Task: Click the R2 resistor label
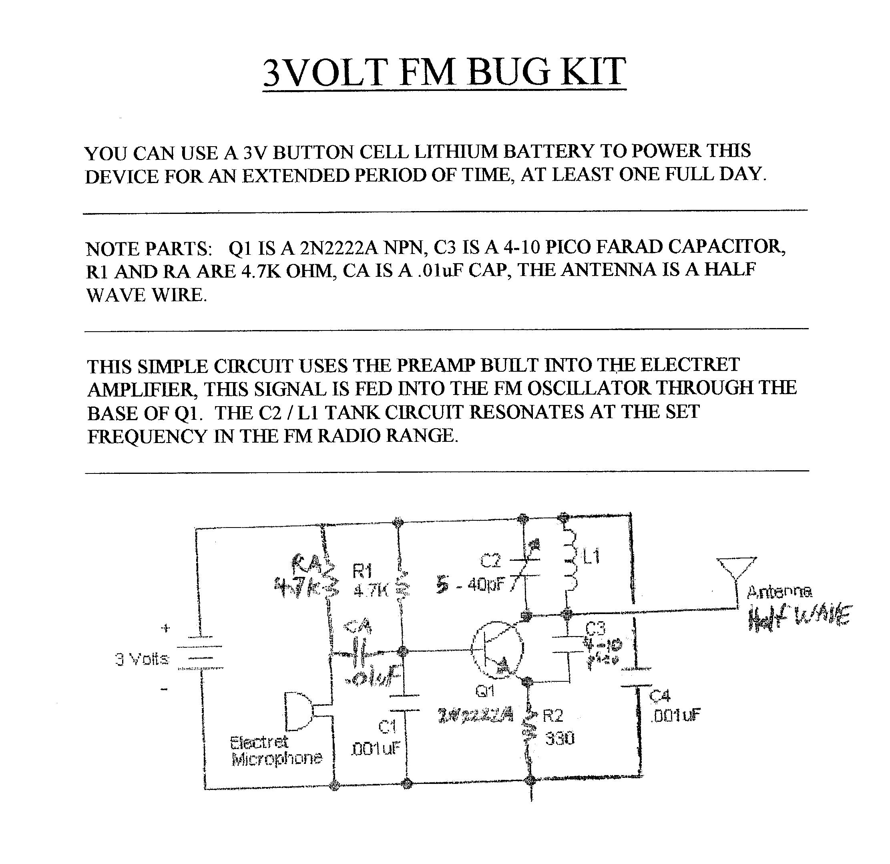tap(553, 716)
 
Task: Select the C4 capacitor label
tap(660, 696)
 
